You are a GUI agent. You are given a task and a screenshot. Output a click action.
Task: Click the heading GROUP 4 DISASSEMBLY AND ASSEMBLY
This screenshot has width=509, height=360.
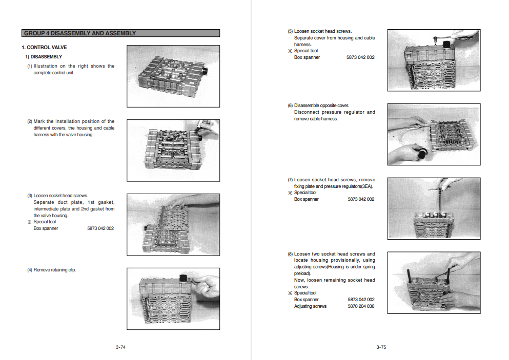point(80,33)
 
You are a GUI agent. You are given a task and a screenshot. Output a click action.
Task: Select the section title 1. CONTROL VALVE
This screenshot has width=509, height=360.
point(48,48)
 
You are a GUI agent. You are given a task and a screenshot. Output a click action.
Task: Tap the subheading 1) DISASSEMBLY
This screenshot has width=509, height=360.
point(44,57)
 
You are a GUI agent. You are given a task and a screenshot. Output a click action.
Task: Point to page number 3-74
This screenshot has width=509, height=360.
point(121,347)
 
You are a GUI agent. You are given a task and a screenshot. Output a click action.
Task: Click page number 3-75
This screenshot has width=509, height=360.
point(381,347)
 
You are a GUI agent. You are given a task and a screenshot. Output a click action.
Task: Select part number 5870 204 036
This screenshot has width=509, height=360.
point(361,306)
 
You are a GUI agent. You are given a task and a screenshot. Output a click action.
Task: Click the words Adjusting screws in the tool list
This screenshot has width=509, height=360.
point(310,306)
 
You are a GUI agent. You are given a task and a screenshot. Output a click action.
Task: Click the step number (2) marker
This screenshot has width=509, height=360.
point(30,122)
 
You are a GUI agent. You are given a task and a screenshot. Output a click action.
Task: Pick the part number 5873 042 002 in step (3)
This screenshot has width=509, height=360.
point(100,228)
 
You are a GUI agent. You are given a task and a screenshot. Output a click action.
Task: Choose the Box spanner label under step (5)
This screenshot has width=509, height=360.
point(307,57)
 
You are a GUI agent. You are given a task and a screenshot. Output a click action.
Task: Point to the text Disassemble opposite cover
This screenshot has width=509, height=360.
point(321,105)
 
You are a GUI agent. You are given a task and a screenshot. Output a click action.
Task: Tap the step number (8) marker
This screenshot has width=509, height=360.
point(290,254)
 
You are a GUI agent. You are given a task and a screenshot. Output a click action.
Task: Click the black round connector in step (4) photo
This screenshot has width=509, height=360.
point(182,279)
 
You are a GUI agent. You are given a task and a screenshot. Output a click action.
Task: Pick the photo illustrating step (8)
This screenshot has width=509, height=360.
point(434,282)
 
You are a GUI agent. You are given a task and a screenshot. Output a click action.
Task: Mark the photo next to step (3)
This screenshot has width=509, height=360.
point(173,224)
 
